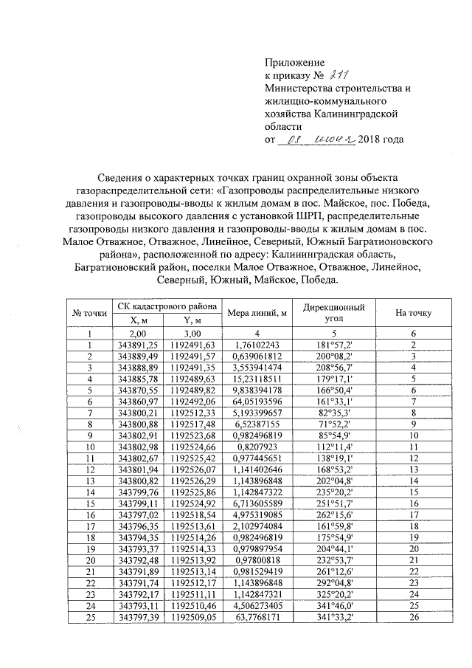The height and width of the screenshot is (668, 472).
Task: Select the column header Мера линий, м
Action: coord(257,313)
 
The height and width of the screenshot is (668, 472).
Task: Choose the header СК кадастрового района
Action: coord(167,306)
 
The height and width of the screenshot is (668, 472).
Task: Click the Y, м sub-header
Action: coord(192,320)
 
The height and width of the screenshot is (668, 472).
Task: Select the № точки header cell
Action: coord(89,313)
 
